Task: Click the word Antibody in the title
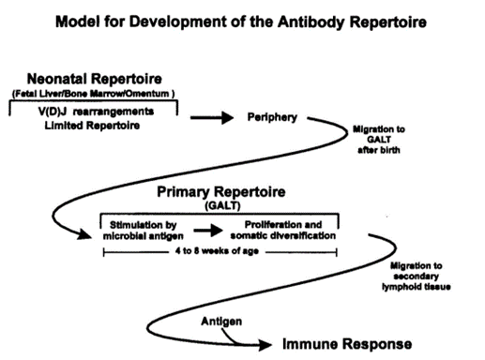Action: pos(311,22)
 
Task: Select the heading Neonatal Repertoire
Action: pos(95,79)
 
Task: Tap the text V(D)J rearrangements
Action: pos(96,112)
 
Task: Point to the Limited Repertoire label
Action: pos(92,126)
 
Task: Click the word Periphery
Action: pos(272,117)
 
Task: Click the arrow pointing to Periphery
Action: pos(212,118)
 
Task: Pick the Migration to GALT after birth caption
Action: pos(379,140)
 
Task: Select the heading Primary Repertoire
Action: pos(221,191)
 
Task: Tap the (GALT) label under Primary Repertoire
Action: pos(222,206)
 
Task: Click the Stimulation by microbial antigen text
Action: pos(144,231)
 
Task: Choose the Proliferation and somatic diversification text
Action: pos(283,230)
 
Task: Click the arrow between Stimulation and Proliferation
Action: pos(208,231)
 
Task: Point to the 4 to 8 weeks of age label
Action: pos(217,251)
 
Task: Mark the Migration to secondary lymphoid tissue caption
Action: pos(417,277)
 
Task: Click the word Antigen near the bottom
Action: pos(221,322)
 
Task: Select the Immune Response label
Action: pos(347,344)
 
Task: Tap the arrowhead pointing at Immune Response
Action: pos(265,345)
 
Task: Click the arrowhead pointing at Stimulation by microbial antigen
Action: pos(84,234)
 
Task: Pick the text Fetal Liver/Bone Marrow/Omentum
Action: pos(93,94)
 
